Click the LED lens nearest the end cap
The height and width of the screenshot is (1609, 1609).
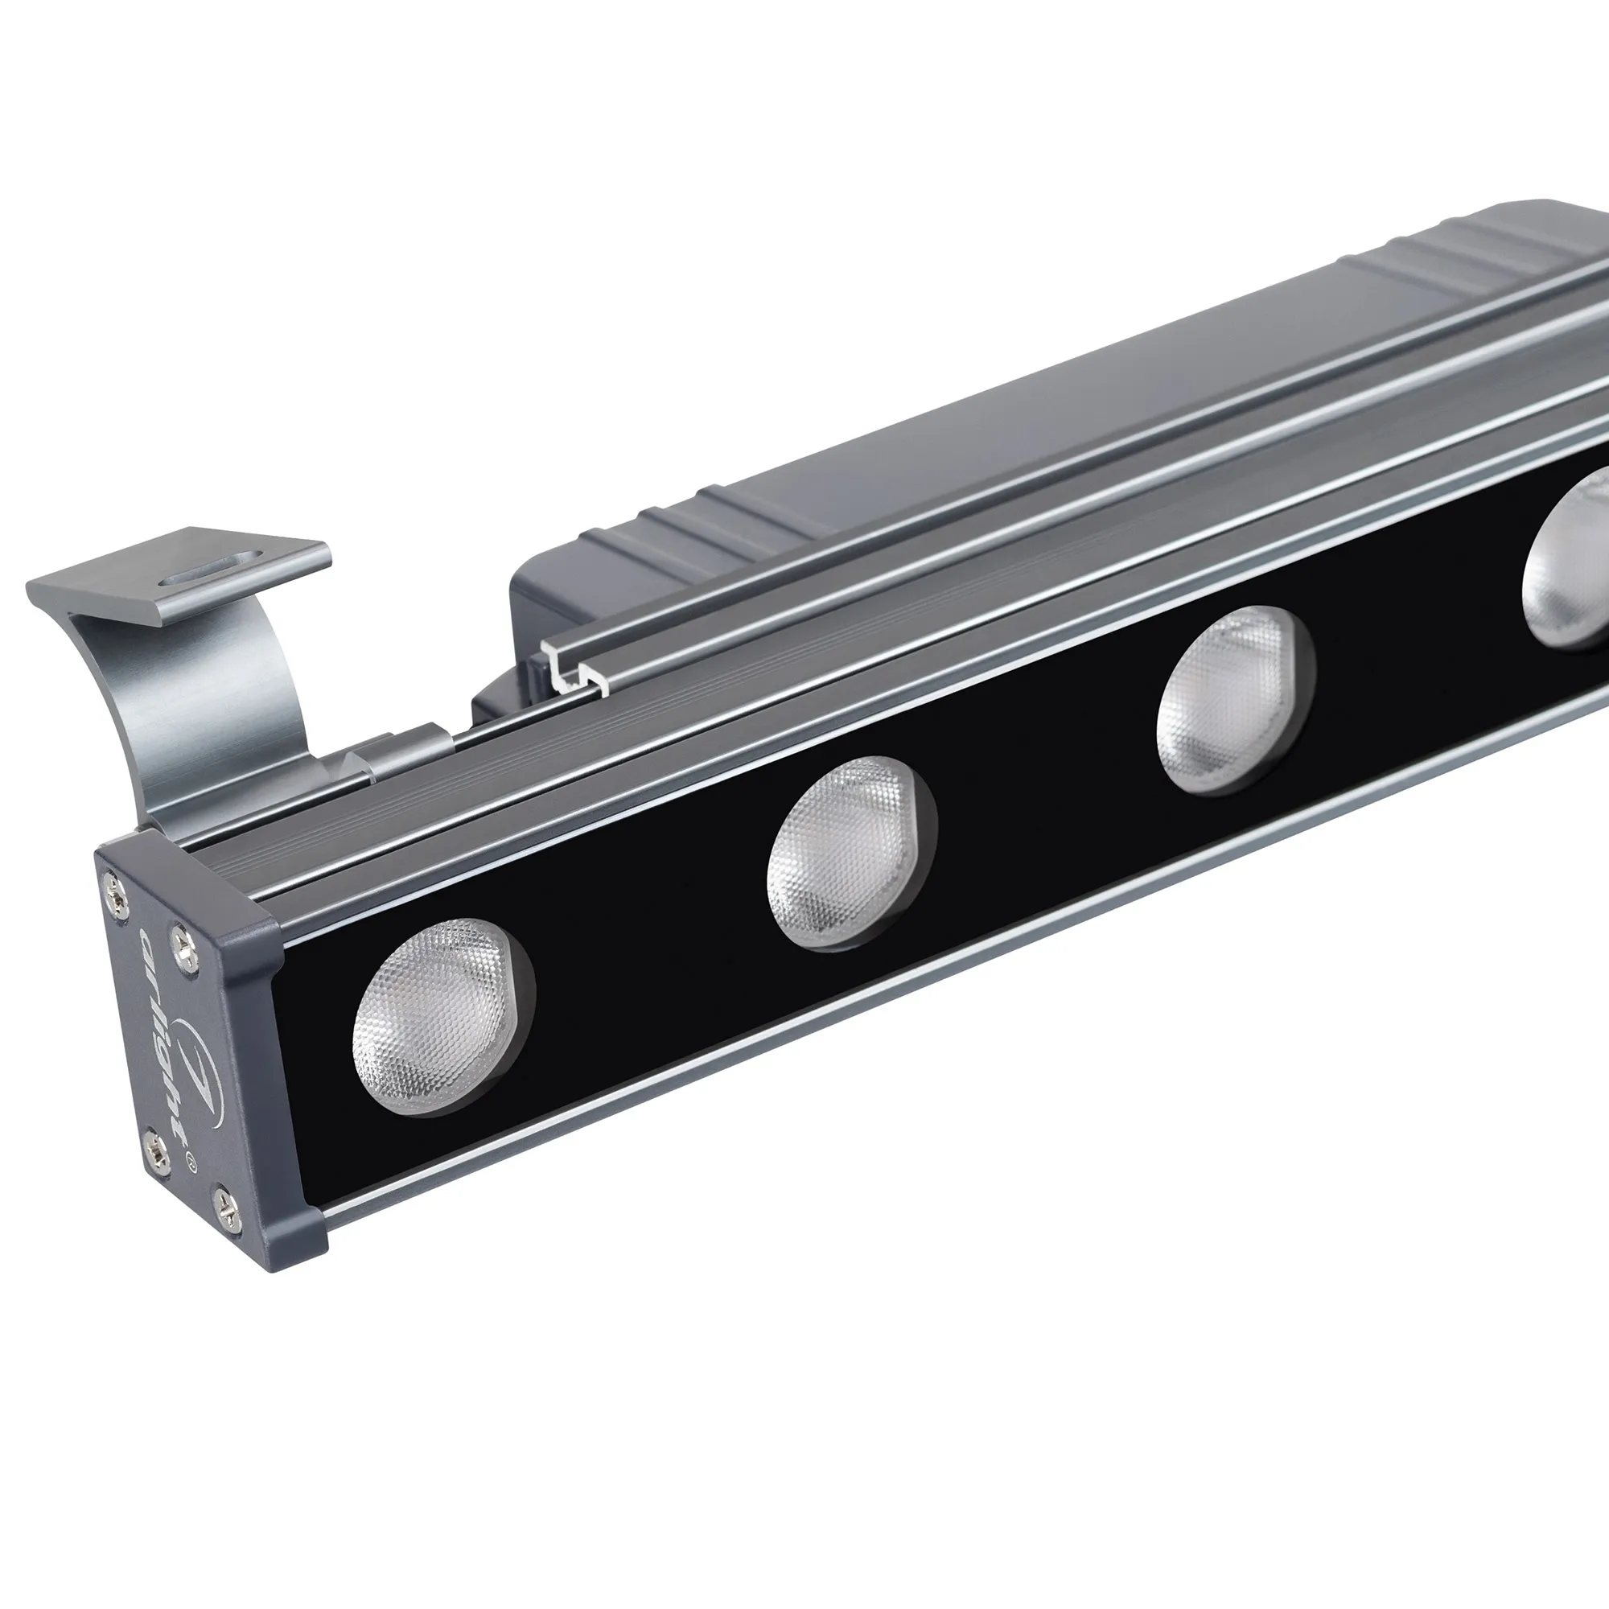(x=442, y=1016)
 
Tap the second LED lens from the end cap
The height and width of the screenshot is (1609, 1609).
(x=850, y=854)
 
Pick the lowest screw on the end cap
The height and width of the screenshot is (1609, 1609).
(x=226, y=1200)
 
